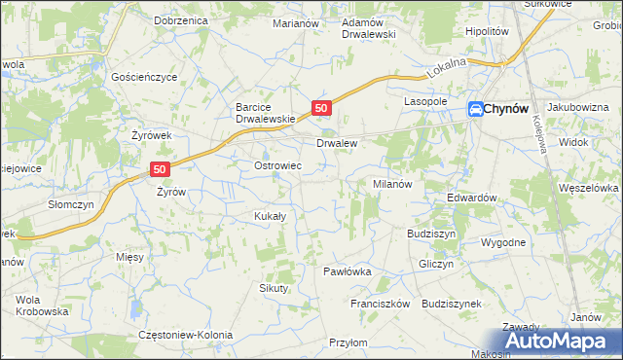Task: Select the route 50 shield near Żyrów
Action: click(x=162, y=168)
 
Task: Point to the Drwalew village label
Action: click(x=337, y=143)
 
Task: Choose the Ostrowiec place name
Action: click(x=277, y=166)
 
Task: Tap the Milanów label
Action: click(x=394, y=183)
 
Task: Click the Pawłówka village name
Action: click(x=348, y=271)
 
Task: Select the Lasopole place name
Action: click(x=425, y=101)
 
